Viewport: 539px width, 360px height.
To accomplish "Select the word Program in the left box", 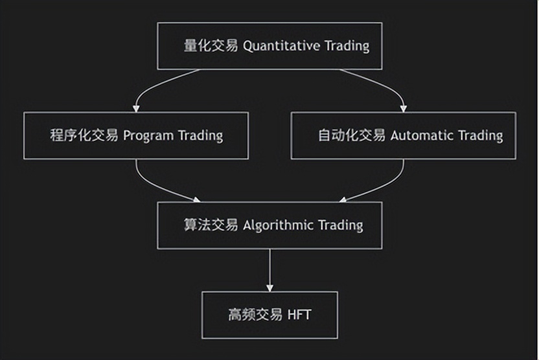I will pyautogui.click(x=148, y=135).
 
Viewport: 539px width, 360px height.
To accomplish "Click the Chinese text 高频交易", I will pyautogui.click(x=255, y=315).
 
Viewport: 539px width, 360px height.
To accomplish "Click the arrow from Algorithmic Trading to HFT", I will pyautogui.click(x=269, y=269).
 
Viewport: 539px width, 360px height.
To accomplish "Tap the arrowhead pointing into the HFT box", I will pyautogui.click(x=269, y=287).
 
